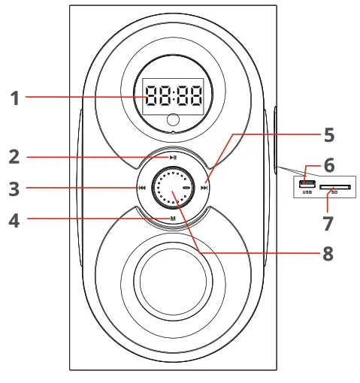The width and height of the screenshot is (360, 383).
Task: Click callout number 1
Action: (15, 98)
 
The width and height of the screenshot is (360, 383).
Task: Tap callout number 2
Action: (14, 157)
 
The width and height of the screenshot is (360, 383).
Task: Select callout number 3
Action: (14, 189)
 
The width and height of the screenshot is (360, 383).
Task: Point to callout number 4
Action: (14, 221)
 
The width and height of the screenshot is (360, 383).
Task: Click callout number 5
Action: (329, 135)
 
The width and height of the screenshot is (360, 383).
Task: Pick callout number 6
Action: (329, 165)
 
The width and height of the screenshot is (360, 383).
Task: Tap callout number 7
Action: (328, 224)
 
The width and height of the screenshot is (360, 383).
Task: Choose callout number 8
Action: (328, 254)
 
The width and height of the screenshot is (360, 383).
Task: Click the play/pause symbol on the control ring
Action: (173, 158)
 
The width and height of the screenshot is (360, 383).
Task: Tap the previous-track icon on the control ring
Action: (142, 188)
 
